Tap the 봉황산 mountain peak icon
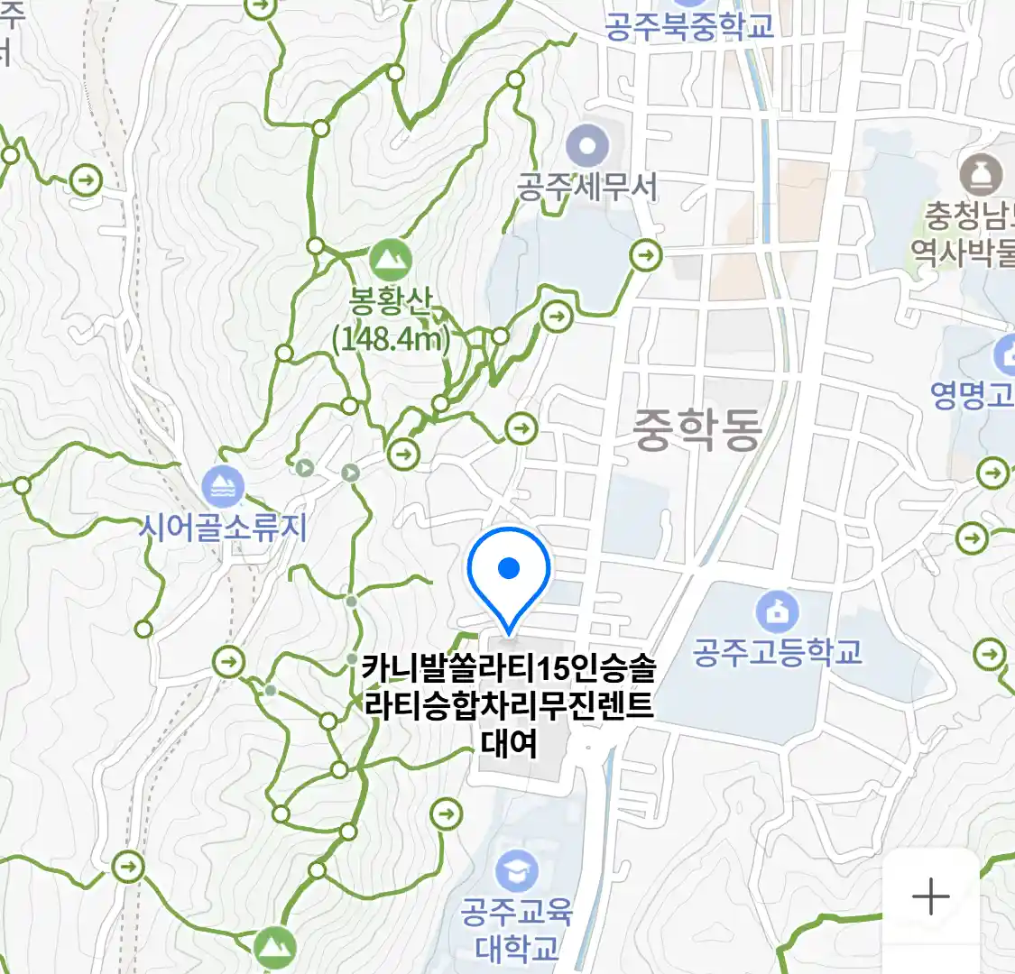[390, 260]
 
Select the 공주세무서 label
[587, 187]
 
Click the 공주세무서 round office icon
[587, 144]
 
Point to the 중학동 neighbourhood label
[697, 428]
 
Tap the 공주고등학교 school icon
[777, 611]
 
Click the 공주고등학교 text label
[777, 651]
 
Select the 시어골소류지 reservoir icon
[222, 487]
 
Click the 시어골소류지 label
[223, 527]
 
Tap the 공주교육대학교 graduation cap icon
[516, 870]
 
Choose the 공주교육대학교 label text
[517, 929]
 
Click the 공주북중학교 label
[689, 26]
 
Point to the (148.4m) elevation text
[391, 339]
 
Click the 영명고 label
[972, 395]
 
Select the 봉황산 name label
[391, 300]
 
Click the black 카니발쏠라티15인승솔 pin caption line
[509, 669]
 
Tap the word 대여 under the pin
[509, 743]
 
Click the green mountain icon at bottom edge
[274, 947]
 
